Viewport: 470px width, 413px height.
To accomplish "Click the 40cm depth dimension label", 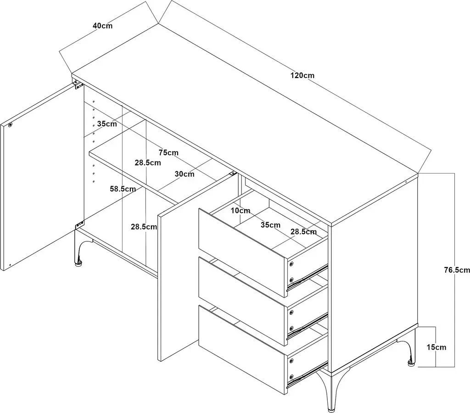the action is (x=102, y=26).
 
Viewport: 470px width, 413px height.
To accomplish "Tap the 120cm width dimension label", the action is (x=302, y=75).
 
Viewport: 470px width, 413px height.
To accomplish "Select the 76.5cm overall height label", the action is (x=457, y=270).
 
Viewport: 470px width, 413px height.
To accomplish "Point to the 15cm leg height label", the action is (x=436, y=347).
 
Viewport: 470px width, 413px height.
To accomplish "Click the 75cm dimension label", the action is (x=168, y=152).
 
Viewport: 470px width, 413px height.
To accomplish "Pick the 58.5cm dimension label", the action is (x=123, y=189).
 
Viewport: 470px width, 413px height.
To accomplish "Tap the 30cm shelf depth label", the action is (x=185, y=174).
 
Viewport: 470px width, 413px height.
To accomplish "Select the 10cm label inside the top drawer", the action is (x=241, y=211).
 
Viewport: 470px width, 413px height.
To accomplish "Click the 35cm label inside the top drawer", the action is (x=270, y=225).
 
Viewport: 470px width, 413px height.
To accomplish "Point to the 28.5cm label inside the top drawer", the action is (x=303, y=232).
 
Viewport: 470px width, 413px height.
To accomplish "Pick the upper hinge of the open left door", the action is (x=78, y=85).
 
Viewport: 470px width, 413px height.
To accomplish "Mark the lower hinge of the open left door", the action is (x=80, y=225).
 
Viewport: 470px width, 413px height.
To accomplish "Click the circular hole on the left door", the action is (x=10, y=125).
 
